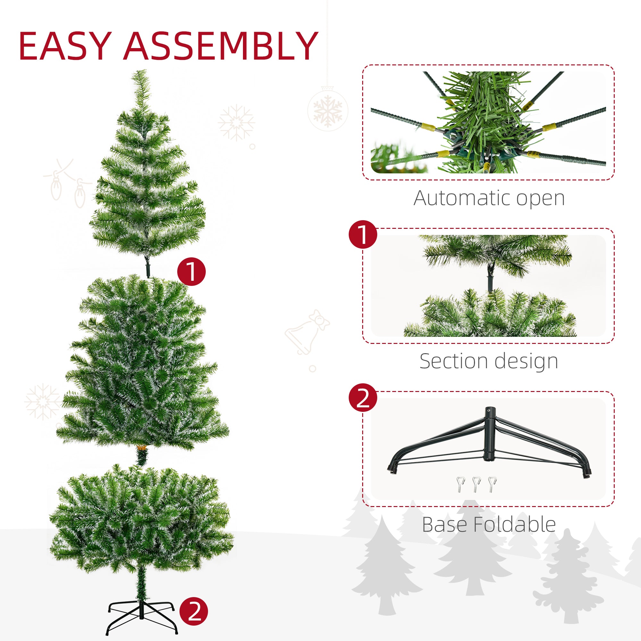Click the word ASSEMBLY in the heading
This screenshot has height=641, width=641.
tap(220, 46)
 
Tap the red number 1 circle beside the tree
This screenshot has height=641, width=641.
tap(191, 271)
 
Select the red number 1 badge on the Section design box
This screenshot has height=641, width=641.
tap(362, 235)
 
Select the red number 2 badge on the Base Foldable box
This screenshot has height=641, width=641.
tap(362, 397)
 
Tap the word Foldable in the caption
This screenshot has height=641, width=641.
tap(514, 525)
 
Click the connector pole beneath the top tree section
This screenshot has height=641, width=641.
tap(148, 267)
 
